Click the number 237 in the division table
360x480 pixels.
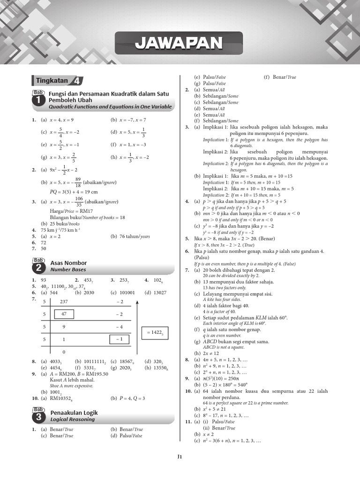pyautogui.click(x=64, y=301)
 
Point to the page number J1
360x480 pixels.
pyautogui.click(x=180, y=456)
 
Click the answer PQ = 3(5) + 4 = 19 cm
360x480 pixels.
pyautogui.click(x=74, y=191)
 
